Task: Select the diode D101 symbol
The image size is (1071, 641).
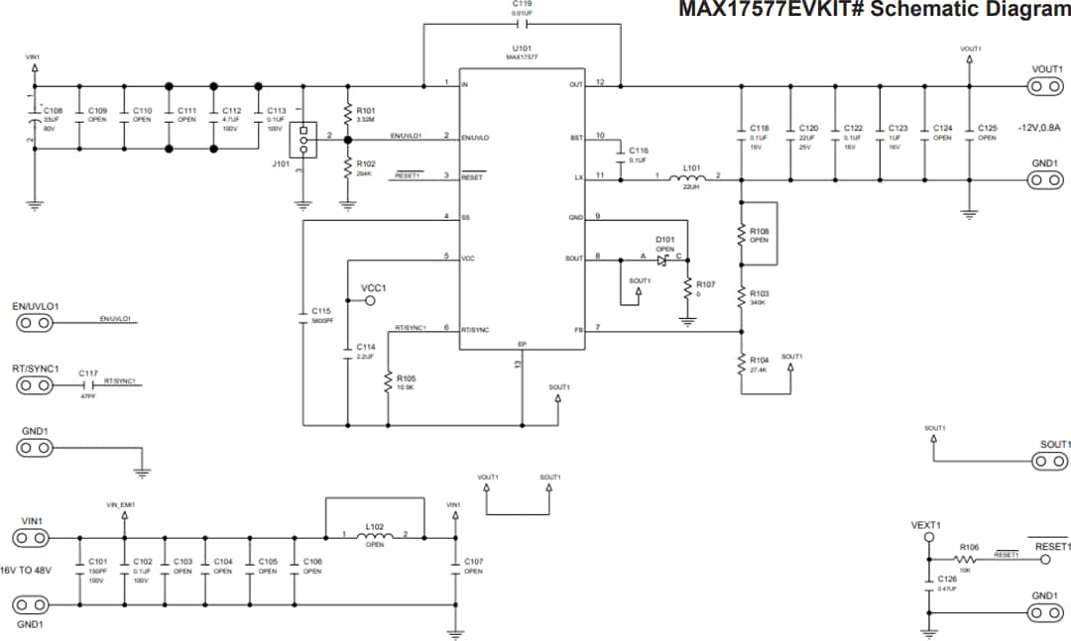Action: [x=662, y=260]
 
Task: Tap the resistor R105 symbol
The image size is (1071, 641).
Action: [x=388, y=383]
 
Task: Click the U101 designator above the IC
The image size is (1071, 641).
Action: [x=522, y=48]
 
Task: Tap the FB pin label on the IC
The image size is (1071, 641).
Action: [x=577, y=329]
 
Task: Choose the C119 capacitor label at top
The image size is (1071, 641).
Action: [x=522, y=4]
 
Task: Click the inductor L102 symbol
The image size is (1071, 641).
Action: [x=375, y=537]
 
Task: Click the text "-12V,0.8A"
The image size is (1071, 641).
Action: [x=1038, y=128]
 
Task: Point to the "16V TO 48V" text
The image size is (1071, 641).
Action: [x=26, y=571]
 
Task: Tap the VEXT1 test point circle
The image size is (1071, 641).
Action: [x=929, y=537]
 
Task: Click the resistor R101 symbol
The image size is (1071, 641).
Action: [x=347, y=114]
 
